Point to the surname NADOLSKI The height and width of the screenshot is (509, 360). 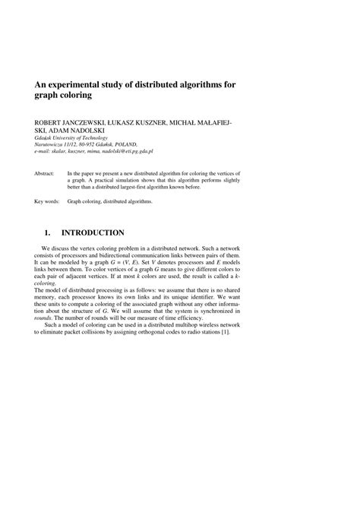click(x=88, y=130)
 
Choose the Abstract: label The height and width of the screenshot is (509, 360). click(x=46, y=173)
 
